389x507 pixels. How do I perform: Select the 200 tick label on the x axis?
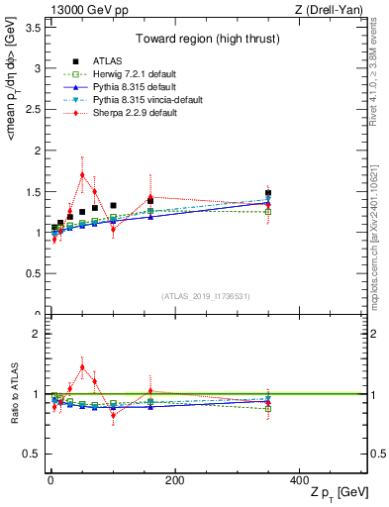coord(174,481)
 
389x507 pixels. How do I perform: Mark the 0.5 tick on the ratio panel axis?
coord(34,454)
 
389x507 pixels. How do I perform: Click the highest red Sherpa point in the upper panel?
coord(82,174)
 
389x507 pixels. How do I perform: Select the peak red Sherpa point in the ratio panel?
coord(82,366)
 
